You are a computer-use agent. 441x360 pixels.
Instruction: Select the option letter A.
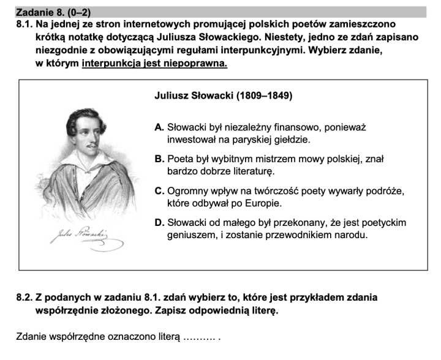[x=159, y=127]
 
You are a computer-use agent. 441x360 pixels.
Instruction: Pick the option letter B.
[x=159, y=159]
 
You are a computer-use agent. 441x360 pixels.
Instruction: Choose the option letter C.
[x=159, y=191]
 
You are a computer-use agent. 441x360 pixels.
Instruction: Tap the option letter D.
[x=159, y=223]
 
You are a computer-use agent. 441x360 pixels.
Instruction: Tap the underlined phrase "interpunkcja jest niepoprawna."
[x=154, y=64]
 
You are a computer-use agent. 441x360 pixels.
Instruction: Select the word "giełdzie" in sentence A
[x=292, y=140]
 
